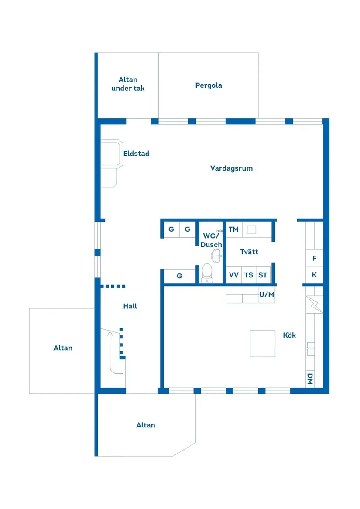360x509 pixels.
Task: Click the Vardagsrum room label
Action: click(x=231, y=168)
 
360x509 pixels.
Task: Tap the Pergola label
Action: click(x=209, y=85)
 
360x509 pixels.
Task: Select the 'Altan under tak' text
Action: click(x=128, y=84)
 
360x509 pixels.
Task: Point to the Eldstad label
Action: click(x=136, y=154)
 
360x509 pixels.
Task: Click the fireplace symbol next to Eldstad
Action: click(x=111, y=154)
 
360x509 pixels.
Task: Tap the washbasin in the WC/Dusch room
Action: click(x=216, y=255)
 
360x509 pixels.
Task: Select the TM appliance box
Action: click(x=233, y=229)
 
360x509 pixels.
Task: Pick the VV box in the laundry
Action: click(x=234, y=275)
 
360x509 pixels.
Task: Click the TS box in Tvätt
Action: click(x=249, y=275)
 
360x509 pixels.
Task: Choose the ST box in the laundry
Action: click(x=263, y=275)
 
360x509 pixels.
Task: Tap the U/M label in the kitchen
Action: click(x=267, y=295)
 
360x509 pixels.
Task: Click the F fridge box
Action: click(x=314, y=259)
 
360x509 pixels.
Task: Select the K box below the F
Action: click(x=314, y=276)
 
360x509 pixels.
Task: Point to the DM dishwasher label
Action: click(x=310, y=379)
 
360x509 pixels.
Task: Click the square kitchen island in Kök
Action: click(x=263, y=343)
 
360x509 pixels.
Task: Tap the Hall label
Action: click(x=130, y=306)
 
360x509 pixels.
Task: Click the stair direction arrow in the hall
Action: click(x=110, y=335)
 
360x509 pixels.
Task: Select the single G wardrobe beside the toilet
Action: click(x=179, y=276)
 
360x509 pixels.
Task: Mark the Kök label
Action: click(x=289, y=335)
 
